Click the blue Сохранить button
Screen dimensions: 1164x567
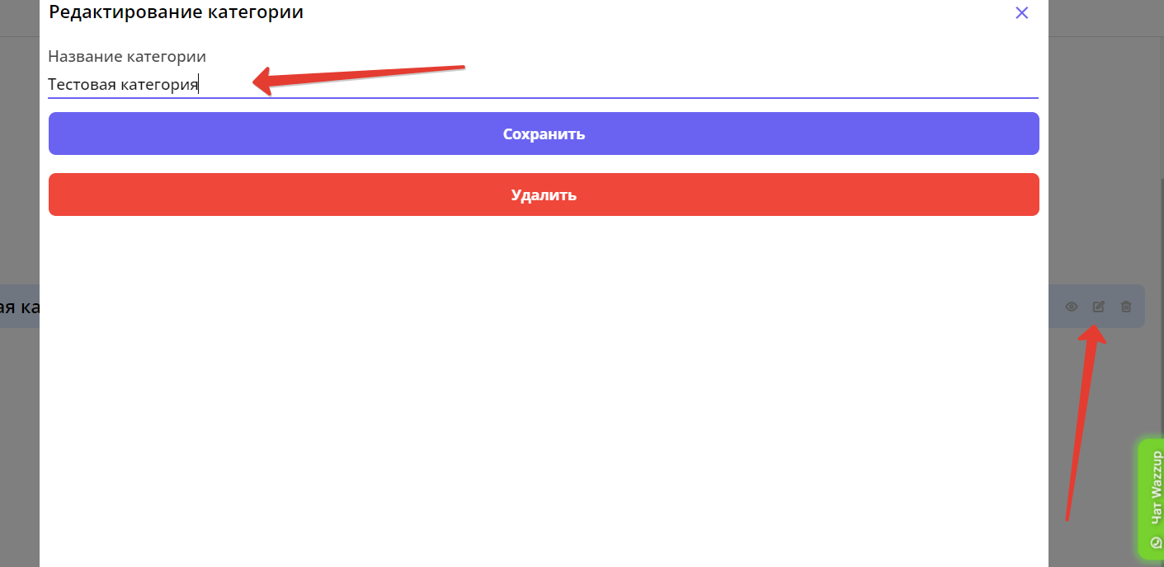click(544, 134)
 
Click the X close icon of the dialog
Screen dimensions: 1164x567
click(1021, 12)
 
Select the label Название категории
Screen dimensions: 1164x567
click(127, 57)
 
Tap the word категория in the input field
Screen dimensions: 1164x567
click(159, 84)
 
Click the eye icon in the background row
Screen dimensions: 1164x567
click(1072, 307)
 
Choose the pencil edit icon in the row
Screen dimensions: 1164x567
click(1099, 307)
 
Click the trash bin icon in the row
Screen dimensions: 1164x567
click(1126, 307)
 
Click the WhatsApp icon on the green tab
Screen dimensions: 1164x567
click(1156, 542)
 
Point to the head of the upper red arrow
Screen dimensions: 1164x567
click(256, 82)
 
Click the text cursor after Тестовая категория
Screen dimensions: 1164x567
click(199, 84)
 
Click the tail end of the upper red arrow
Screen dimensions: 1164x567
click(464, 67)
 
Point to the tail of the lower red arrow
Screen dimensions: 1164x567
click(1067, 519)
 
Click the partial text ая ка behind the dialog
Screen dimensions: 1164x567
click(20, 307)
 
